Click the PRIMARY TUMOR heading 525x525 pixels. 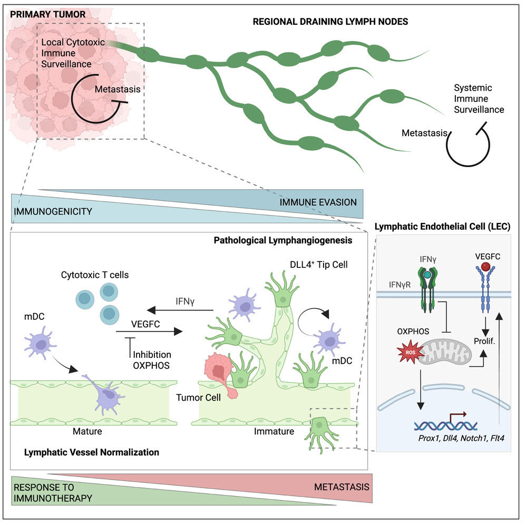pos(47,14)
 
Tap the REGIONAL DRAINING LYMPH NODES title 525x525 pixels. pos(330,22)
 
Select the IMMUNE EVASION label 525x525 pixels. pos(318,202)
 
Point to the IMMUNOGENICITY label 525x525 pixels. pos(53,211)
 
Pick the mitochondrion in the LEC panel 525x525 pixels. pos(445,352)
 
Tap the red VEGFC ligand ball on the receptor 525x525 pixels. pos(485,267)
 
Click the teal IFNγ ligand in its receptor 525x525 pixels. pos(427,275)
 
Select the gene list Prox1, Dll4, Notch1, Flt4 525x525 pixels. pos(461,438)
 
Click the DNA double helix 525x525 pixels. pos(445,425)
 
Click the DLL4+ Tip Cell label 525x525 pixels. pos(319,265)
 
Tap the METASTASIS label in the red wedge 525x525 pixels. pos(342,487)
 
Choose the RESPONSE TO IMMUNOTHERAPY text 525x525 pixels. pos(53,492)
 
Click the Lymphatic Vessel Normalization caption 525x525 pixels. pos(91,452)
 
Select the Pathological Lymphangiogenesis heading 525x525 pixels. pos(283,240)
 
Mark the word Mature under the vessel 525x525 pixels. pos(87,431)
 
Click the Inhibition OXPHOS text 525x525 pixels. pos(152,360)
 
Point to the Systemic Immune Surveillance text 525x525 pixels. pos(479,99)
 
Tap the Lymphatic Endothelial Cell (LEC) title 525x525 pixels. pos(442,227)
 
